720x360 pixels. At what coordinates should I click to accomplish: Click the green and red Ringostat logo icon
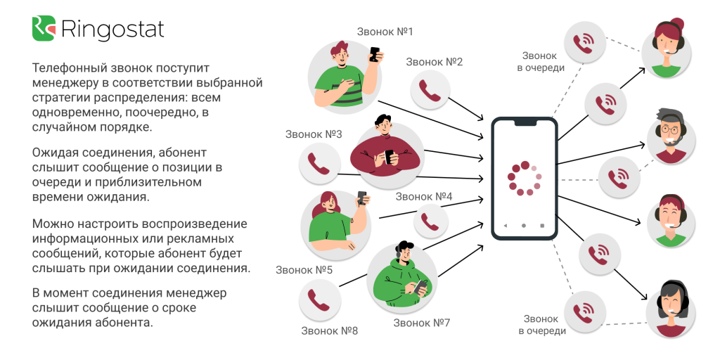coord(44,28)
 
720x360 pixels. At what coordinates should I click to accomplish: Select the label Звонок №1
coord(385,32)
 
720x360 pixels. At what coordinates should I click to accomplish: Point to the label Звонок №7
coord(422,323)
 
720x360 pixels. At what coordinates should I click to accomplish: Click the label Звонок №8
coord(329,330)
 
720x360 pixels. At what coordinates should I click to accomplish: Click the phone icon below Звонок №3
coord(319,163)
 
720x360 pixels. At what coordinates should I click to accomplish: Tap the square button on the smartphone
coord(542,226)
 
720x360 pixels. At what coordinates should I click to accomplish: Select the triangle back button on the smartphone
coord(505,226)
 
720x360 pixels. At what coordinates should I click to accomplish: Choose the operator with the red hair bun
coord(666,48)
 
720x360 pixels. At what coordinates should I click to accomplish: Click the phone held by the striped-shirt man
coord(375,54)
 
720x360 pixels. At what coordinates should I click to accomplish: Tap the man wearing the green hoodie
coord(402,277)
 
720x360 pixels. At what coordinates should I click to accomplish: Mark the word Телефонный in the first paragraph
coord(69,68)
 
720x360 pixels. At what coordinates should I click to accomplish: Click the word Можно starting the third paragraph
coord(51,224)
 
